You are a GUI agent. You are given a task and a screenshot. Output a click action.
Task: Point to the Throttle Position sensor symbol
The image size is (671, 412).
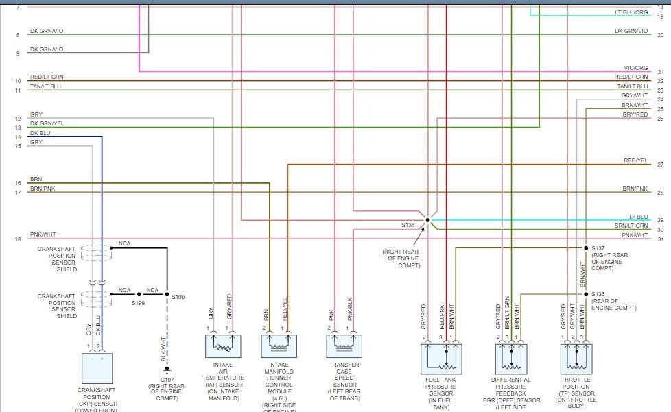click(576, 356)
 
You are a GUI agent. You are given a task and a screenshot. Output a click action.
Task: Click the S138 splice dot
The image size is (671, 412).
click(427, 220)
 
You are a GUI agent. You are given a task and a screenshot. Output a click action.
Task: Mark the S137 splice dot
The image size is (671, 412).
click(586, 247)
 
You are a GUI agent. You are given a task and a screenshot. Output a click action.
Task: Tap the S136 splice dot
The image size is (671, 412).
click(586, 294)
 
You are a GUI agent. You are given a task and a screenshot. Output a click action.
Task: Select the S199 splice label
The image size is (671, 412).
click(139, 302)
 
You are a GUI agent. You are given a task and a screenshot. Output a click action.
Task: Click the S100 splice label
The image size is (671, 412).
click(178, 296)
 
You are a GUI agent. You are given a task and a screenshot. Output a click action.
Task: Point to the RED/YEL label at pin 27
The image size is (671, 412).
click(635, 161)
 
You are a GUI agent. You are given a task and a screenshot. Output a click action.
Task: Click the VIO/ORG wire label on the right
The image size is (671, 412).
click(635, 68)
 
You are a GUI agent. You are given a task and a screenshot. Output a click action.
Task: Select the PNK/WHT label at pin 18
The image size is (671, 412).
click(42, 234)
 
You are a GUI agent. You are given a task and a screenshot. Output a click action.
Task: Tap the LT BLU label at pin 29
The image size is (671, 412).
click(638, 217)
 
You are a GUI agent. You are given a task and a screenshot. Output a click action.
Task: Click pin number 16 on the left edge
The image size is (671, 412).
click(18, 183)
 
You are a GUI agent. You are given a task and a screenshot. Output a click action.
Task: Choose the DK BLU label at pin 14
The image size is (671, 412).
click(40, 133)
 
